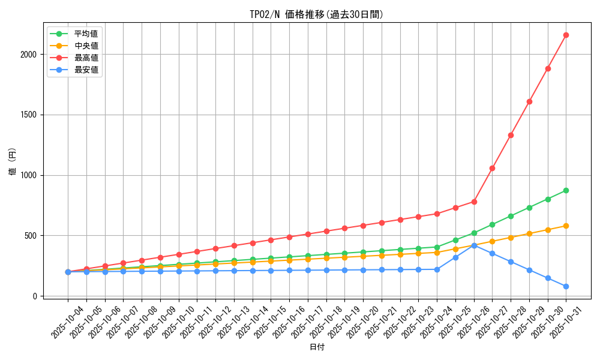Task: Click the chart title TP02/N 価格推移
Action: [316, 14]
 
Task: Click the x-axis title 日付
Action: [317, 347]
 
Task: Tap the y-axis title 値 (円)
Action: [13, 162]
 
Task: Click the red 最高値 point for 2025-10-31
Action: [566, 35]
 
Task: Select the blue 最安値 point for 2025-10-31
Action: [566, 286]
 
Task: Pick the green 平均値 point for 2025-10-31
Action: [566, 190]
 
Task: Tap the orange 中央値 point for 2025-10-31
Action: [566, 226]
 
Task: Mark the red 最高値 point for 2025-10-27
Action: [492, 168]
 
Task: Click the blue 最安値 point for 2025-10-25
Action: [455, 257]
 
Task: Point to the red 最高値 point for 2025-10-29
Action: [529, 101]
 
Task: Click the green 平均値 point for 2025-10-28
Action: [511, 216]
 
